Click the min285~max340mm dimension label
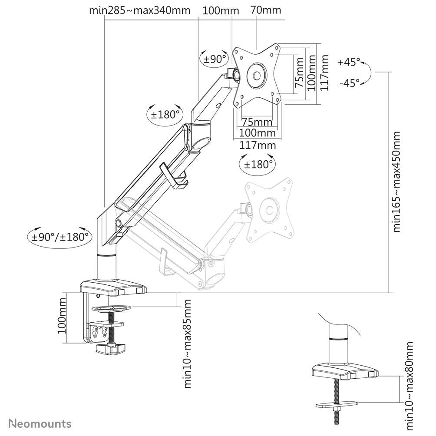tap(140, 10)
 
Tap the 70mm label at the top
tap(266, 10)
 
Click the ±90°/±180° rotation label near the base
tap(60, 237)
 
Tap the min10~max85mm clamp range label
tap(187, 343)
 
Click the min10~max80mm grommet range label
tap(409, 385)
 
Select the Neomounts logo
tap(40, 423)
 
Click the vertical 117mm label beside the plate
tap(324, 73)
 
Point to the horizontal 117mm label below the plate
tap(258, 145)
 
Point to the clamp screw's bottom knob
tap(110, 348)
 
